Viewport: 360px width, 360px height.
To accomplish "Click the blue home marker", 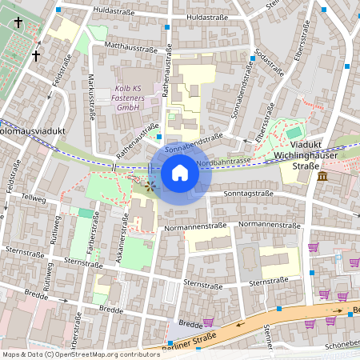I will click(x=180, y=173).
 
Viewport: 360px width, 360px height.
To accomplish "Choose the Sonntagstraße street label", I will click(x=249, y=194).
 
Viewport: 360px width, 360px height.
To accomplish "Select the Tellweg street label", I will click(x=35, y=197).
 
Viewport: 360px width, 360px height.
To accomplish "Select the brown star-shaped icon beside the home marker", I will click(x=150, y=185).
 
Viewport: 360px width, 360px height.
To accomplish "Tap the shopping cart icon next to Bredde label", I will click(x=209, y=323).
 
